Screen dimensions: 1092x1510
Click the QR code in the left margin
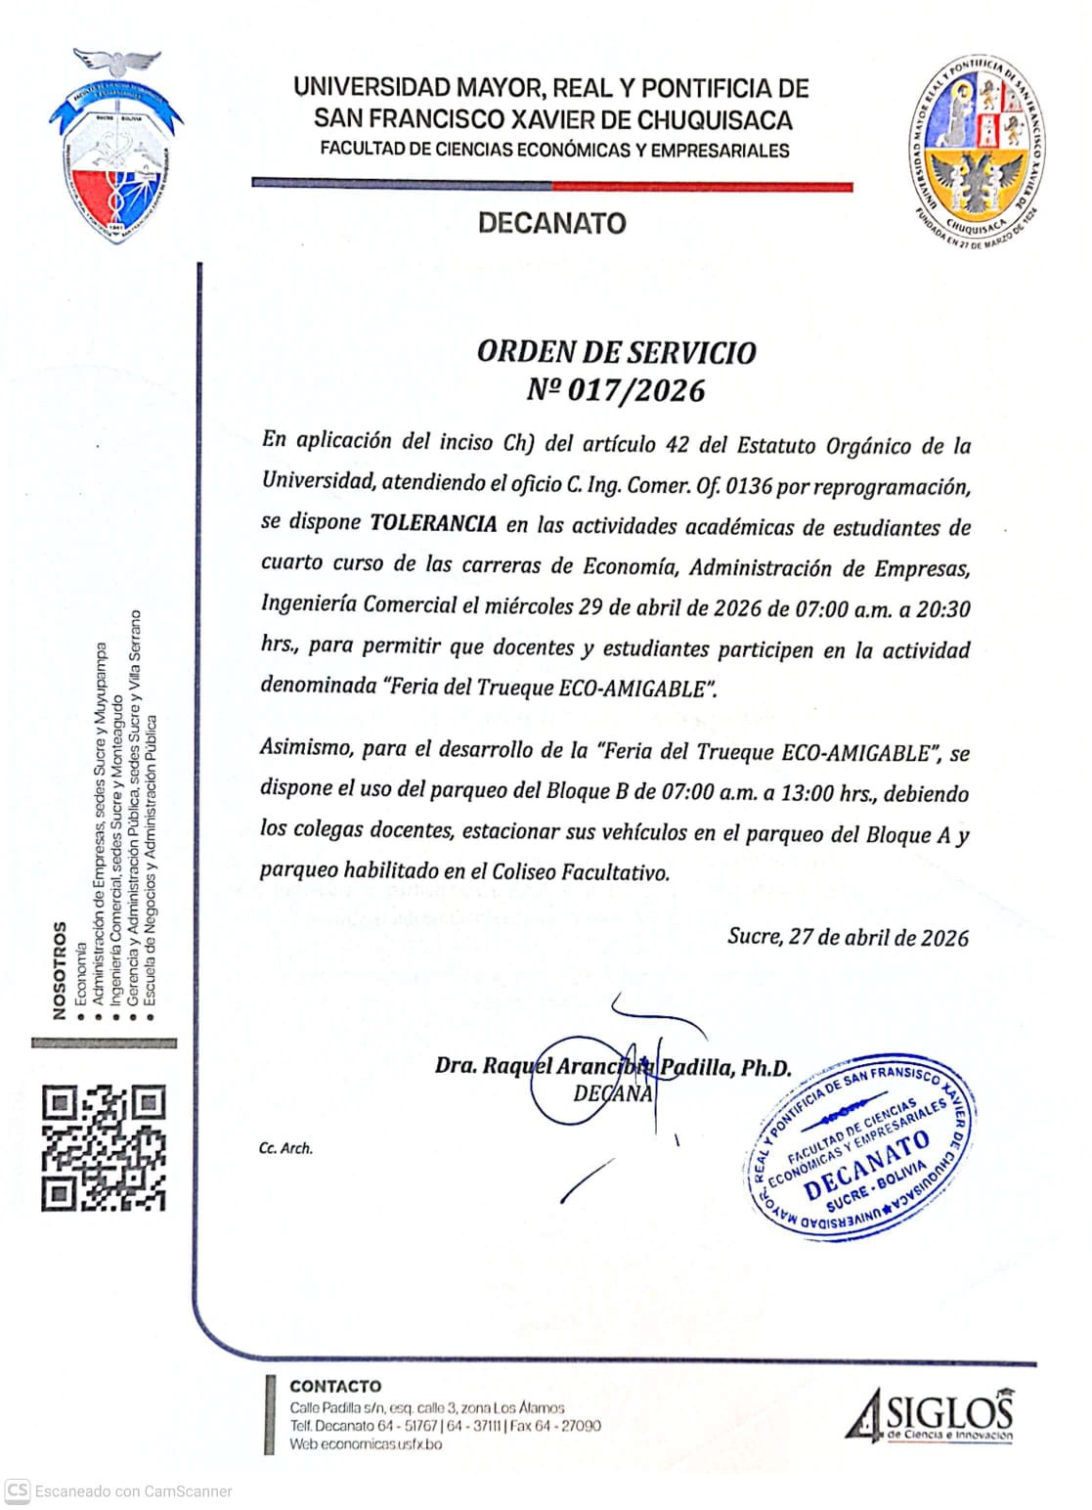[104, 1147]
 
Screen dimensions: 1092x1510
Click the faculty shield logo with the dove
[116, 147]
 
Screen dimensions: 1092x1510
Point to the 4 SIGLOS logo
[930, 1416]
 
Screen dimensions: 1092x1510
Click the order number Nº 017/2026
[616, 390]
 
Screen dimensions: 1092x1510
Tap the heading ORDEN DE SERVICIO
[616, 352]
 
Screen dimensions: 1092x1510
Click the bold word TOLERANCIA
[433, 524]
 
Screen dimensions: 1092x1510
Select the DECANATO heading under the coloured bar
[551, 223]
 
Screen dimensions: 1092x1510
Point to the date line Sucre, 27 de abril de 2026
[848, 937]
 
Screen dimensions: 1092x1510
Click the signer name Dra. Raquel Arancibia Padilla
[613, 1067]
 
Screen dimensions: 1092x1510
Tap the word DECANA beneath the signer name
[613, 1093]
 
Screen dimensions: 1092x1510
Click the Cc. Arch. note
[285, 1148]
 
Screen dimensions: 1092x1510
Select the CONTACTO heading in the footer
[335, 1386]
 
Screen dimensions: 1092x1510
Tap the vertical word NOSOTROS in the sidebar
[60, 969]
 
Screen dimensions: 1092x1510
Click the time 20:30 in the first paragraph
[942, 609]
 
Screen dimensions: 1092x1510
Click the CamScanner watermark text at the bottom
[133, 1491]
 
